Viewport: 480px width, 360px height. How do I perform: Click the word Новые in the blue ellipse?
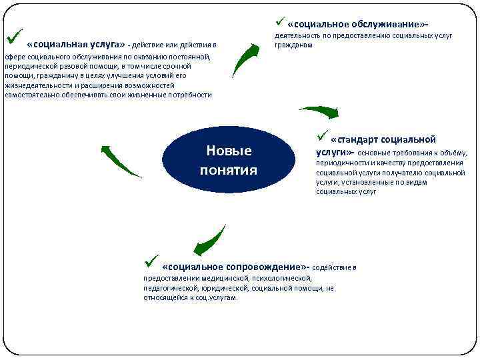(229, 151)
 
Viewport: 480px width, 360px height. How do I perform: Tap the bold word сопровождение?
(265, 265)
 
